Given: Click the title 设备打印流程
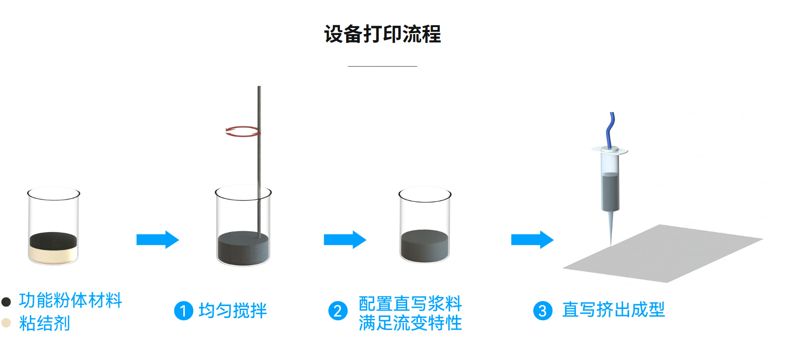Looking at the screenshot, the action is tap(382, 34).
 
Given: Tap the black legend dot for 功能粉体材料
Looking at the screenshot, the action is tap(6, 302).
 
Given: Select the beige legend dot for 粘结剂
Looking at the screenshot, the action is tap(6, 323).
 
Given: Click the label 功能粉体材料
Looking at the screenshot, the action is tap(71, 300).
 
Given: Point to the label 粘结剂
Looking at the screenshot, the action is tap(44, 323).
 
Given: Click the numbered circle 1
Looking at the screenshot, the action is tap(184, 311).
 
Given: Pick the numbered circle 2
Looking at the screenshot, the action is tap(338, 311).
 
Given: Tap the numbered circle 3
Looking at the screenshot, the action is tap(543, 311).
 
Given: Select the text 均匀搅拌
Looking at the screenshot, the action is tap(233, 311).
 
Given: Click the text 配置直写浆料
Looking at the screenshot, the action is tap(410, 304).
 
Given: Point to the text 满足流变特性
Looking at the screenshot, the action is tap(410, 323).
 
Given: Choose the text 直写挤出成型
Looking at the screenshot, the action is tap(614, 309).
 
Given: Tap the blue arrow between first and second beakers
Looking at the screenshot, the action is tap(158, 240).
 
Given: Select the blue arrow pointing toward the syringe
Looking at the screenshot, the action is tap(532, 240).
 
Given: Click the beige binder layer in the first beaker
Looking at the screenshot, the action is tap(53, 255).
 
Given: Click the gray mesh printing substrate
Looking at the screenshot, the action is tap(663, 254).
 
